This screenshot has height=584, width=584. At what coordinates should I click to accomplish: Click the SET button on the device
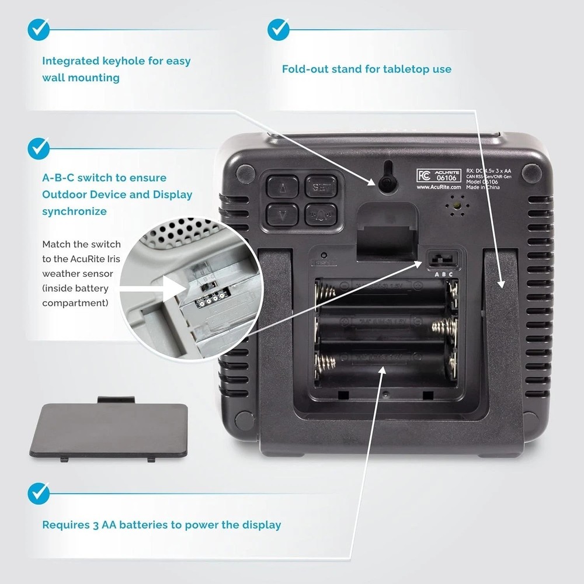point(319,188)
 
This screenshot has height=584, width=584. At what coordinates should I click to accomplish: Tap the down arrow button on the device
point(282,215)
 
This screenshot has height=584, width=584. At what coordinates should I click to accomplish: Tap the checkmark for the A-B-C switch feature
point(39,147)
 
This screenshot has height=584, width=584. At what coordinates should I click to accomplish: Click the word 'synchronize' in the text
point(74,211)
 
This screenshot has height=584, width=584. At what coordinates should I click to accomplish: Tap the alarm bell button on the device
point(319,215)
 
